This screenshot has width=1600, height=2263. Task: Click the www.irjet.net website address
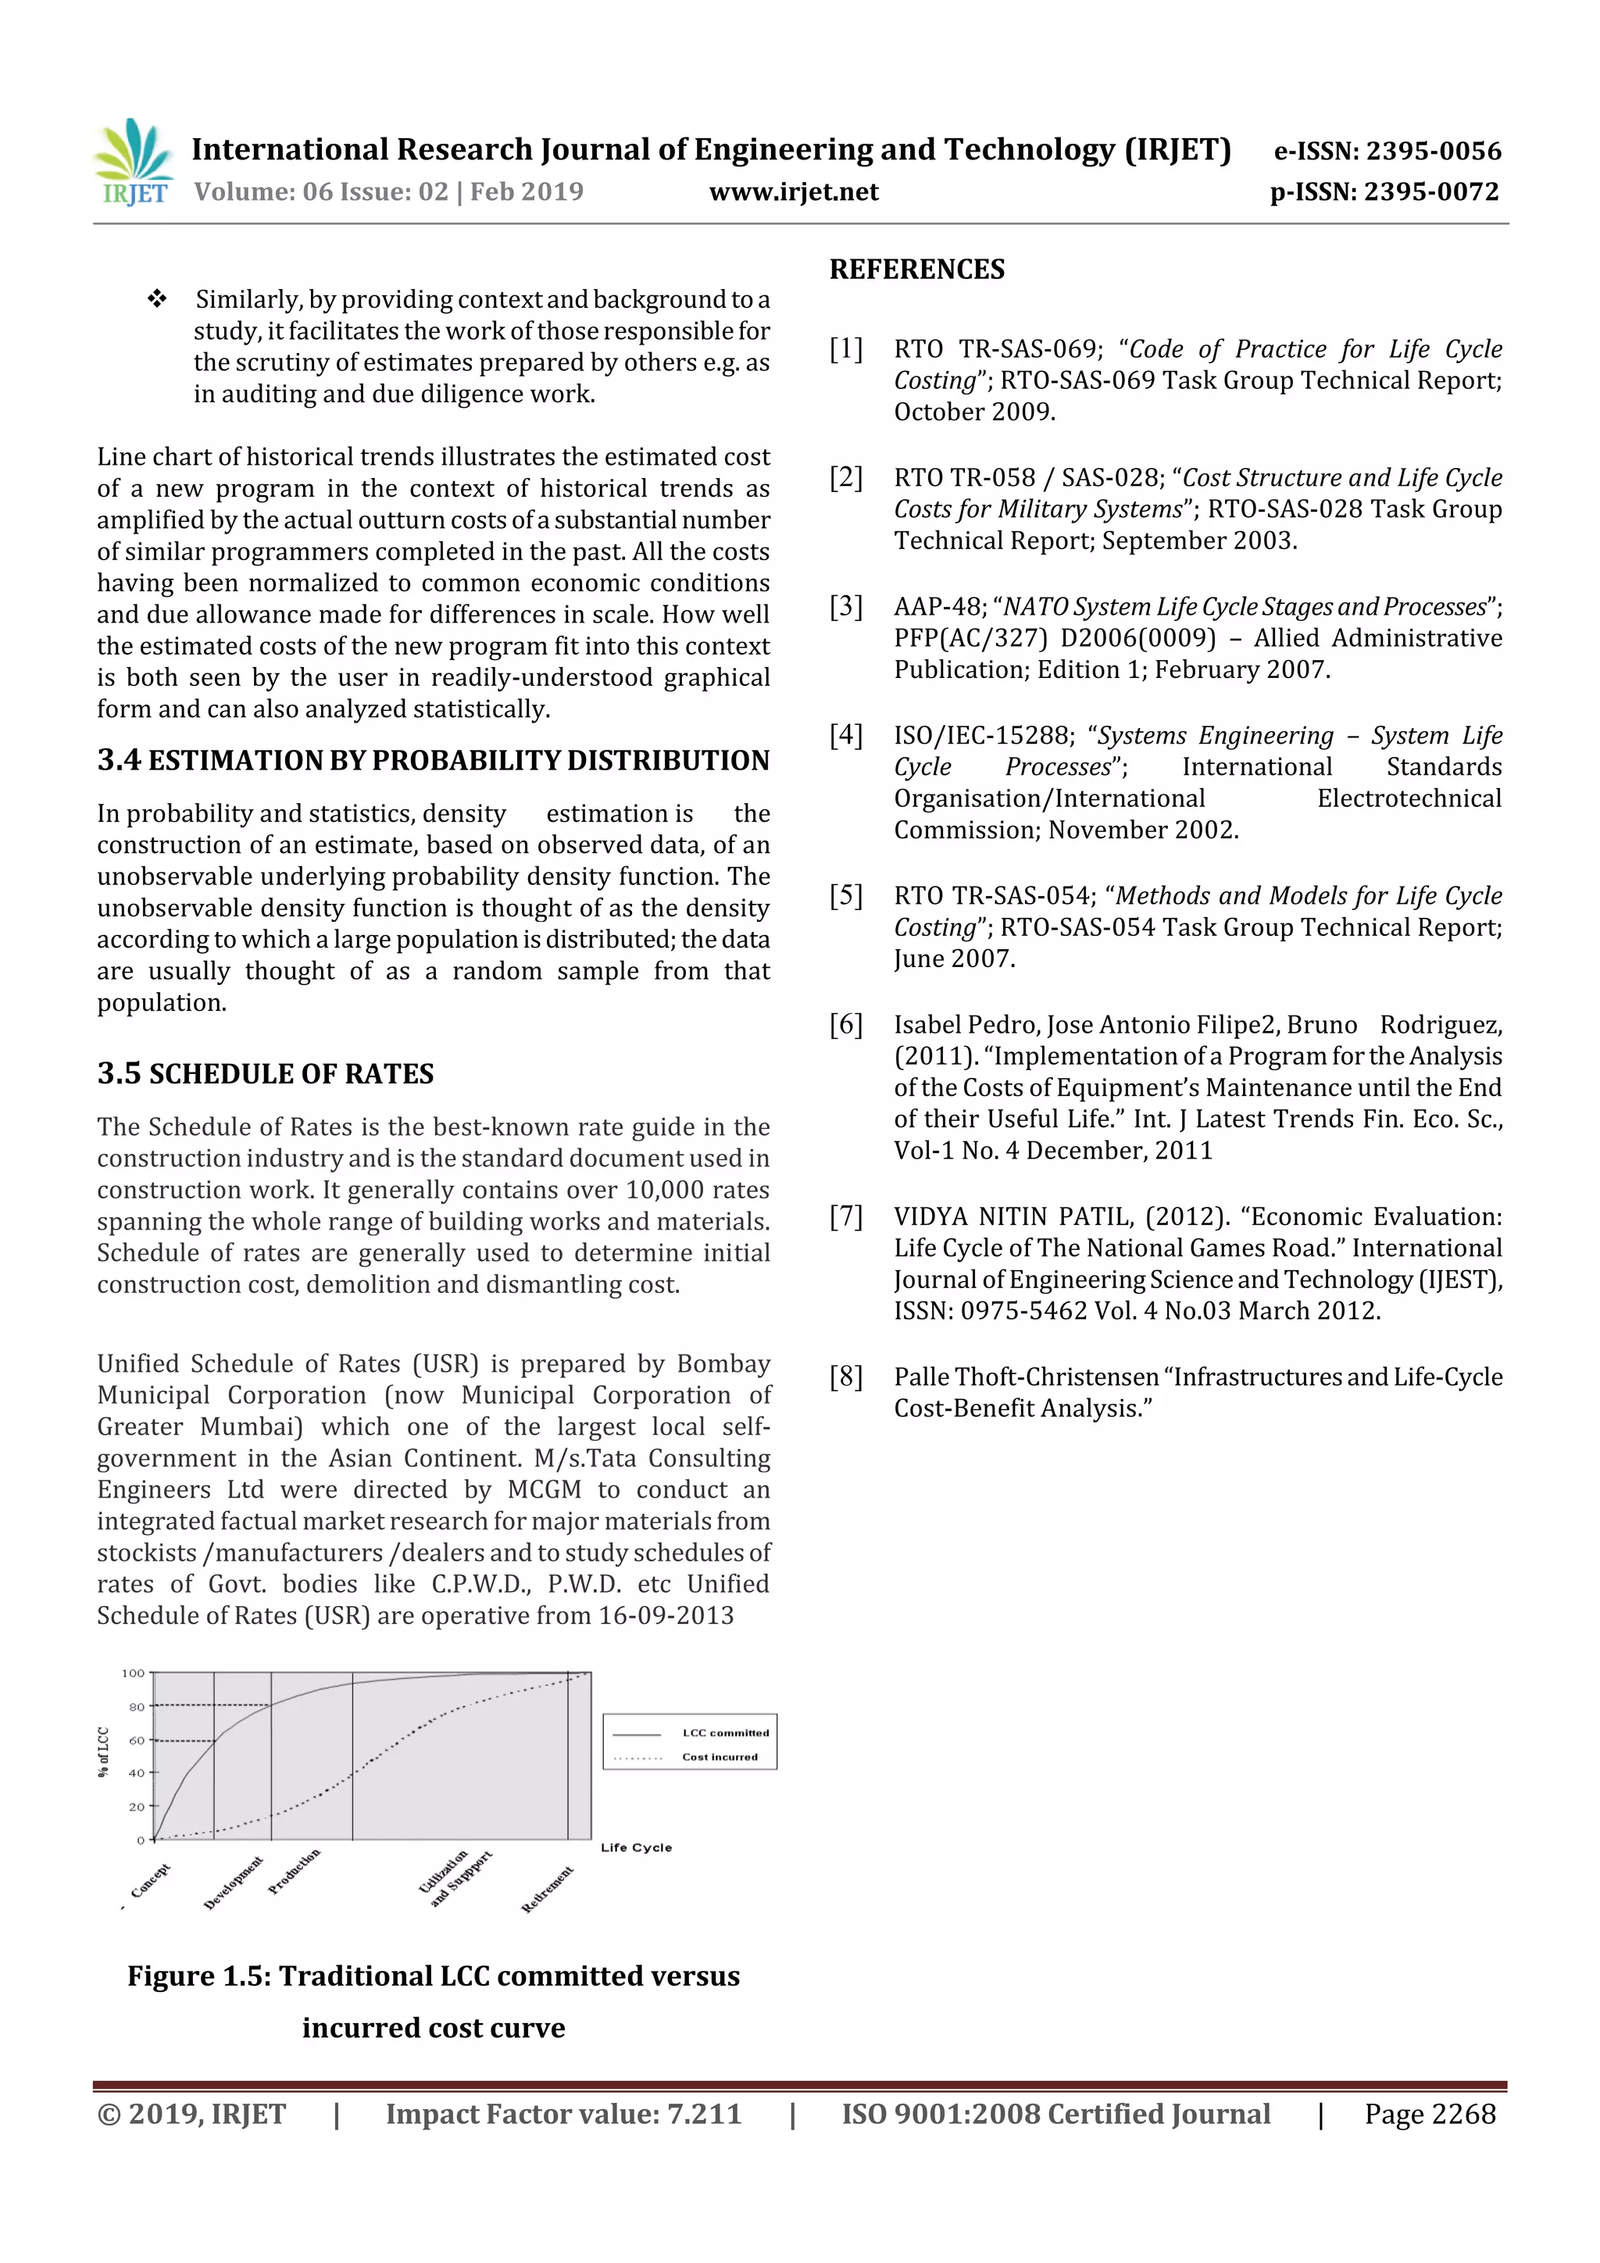coord(794,192)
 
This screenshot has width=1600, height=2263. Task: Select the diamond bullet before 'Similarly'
coord(157,298)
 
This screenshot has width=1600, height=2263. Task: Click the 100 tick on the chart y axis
coord(133,1672)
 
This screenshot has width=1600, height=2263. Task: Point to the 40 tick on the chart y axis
coord(136,1773)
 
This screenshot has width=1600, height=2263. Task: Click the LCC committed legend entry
coord(724,1733)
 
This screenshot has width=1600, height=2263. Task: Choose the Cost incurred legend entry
coord(720,1756)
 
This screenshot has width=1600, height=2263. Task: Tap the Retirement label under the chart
coord(547,1889)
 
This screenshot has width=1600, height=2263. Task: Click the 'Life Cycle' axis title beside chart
coord(636,1847)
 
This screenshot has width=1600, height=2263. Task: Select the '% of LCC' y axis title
coord(102,1751)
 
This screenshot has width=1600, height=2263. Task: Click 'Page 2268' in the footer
coord(1430,2114)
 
